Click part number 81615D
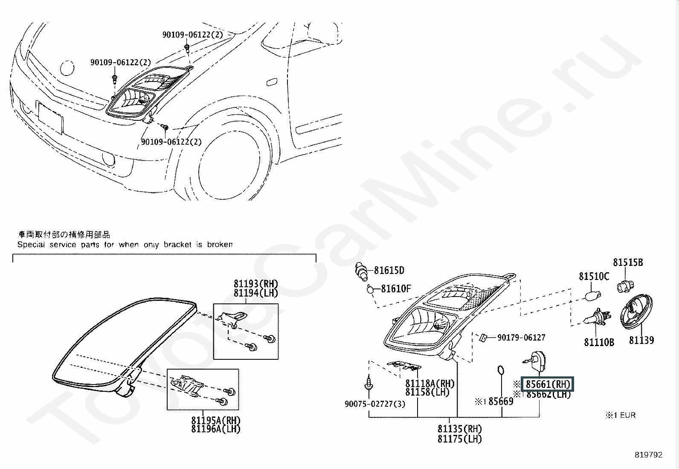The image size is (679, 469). (389, 270)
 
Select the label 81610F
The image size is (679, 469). (395, 289)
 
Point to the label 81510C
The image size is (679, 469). (594, 277)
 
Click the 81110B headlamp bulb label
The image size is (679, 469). (599, 342)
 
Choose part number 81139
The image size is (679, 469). (641, 340)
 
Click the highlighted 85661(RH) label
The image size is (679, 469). (548, 384)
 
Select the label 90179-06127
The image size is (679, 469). (521, 338)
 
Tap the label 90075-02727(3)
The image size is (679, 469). (374, 404)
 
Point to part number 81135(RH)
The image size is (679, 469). (459, 429)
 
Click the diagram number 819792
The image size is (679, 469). (648, 455)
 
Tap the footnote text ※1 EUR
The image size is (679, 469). (620, 415)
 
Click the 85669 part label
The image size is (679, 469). (500, 401)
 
